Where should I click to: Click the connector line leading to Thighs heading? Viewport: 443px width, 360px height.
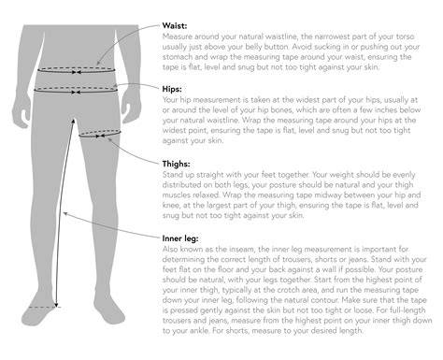[x=140, y=150]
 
